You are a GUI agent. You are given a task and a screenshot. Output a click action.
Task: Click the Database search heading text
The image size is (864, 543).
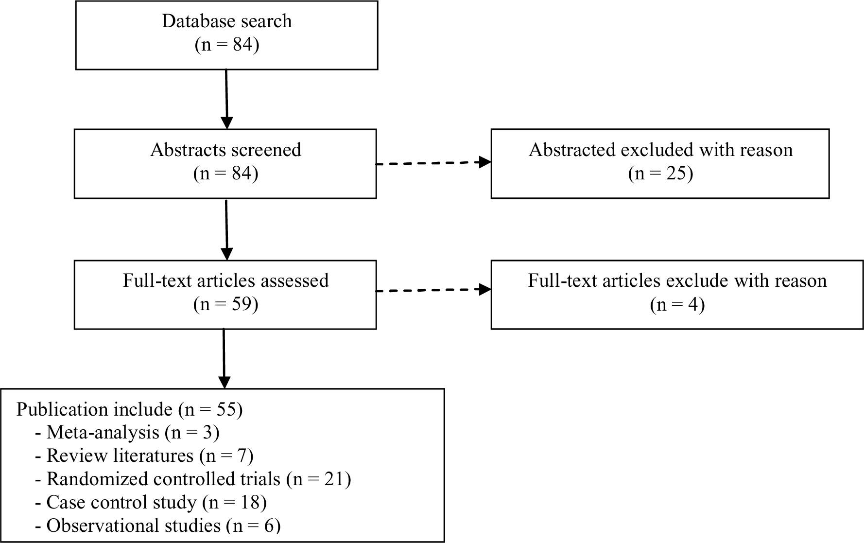click(x=226, y=21)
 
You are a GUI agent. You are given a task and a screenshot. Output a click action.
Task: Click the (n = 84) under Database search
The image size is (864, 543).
click(x=226, y=45)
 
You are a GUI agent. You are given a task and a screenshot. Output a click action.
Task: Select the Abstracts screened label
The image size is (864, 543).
click(x=225, y=150)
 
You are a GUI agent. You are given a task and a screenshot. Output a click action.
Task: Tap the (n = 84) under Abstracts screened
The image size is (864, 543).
click(x=225, y=174)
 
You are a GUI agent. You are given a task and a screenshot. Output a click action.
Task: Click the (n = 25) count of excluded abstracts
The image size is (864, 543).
click(x=660, y=174)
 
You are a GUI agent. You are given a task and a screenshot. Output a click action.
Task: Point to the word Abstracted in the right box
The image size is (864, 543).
click(x=572, y=150)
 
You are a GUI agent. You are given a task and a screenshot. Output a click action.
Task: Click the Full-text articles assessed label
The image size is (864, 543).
click(x=225, y=280)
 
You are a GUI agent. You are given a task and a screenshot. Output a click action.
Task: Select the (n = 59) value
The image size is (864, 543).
click(x=225, y=304)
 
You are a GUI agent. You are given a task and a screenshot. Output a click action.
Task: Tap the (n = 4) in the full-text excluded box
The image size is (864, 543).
click(x=677, y=305)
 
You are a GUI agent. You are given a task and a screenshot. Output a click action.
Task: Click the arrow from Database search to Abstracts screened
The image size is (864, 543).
click(x=226, y=100)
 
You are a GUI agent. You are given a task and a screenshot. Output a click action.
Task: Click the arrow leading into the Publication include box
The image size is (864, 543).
click(x=224, y=359)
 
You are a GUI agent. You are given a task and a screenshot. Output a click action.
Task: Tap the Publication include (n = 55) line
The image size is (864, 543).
click(x=129, y=409)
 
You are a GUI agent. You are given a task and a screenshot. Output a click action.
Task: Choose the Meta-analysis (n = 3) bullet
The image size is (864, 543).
click(x=127, y=432)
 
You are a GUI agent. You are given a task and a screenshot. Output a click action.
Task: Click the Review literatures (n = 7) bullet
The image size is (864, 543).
click(x=144, y=455)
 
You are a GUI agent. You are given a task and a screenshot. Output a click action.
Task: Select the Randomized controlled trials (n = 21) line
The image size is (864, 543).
click(x=193, y=479)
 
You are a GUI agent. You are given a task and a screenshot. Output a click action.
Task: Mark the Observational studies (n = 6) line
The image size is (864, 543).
click(x=158, y=525)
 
